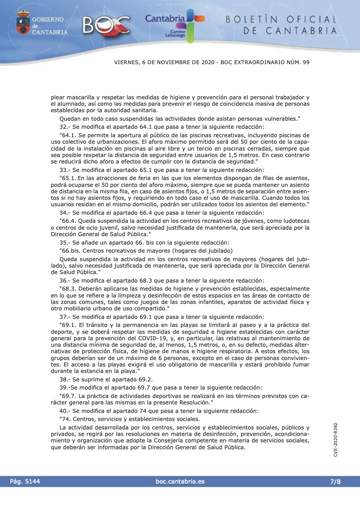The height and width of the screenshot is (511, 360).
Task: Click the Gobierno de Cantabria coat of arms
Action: click(x=23, y=23)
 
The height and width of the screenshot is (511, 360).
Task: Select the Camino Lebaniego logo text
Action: click(x=176, y=33)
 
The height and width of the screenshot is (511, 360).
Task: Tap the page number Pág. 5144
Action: click(x=25, y=481)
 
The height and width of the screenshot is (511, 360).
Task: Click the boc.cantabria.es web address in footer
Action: click(x=180, y=481)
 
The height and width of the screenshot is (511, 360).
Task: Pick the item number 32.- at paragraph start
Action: click(x=65, y=126)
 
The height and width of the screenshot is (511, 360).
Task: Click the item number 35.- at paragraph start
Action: click(x=65, y=243)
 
